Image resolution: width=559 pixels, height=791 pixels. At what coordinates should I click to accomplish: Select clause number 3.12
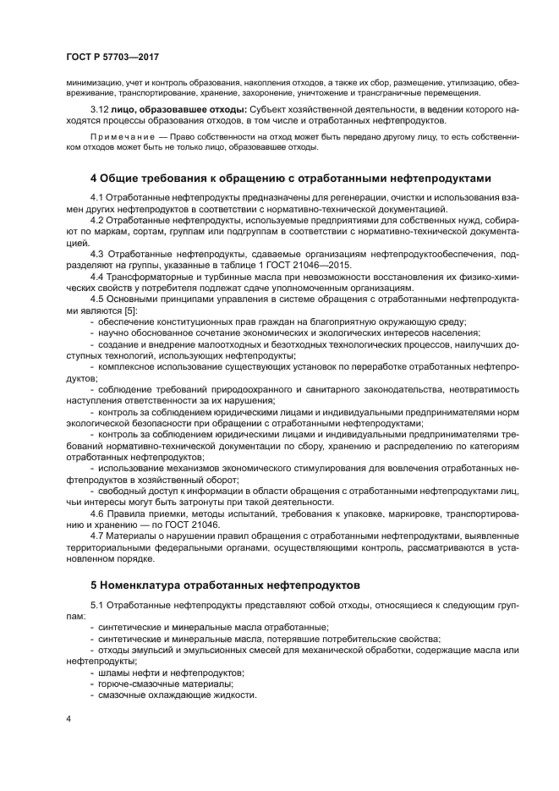point(100,109)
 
